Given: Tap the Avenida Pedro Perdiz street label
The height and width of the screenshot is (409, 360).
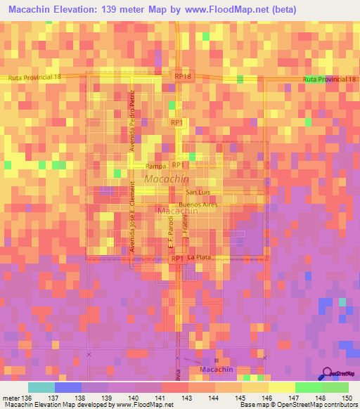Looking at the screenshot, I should click(131, 116).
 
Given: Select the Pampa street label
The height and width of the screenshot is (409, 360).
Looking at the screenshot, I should click(155, 167).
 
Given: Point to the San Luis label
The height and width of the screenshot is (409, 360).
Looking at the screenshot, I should click(198, 192).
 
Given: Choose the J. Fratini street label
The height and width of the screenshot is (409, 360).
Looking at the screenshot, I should click(186, 228).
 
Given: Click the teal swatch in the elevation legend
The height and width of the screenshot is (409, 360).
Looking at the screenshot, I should click(41, 387).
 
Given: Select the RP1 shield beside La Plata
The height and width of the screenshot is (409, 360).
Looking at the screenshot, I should click(177, 259).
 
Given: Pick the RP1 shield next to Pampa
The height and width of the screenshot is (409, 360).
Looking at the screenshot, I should click(177, 165).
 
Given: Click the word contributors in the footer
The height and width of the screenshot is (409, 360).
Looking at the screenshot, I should click(337, 405).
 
